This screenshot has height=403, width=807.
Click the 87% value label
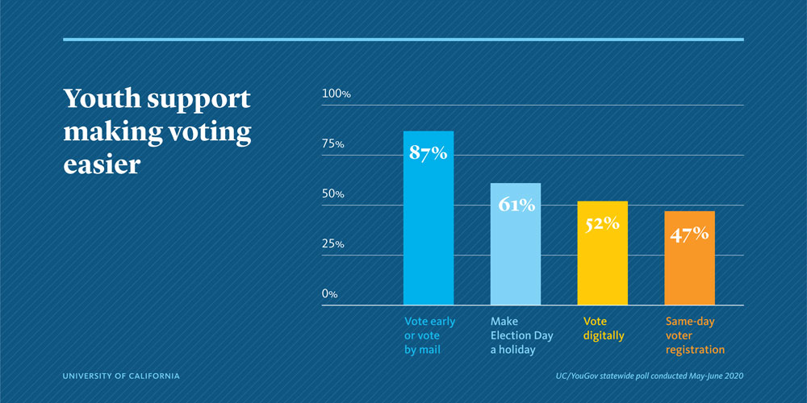(428, 153)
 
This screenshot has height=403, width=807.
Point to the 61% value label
(516, 205)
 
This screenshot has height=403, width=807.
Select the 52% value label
(602, 223)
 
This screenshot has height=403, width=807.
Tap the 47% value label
(689, 234)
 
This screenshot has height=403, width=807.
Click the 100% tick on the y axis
(337, 94)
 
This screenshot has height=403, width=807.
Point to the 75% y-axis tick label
(333, 144)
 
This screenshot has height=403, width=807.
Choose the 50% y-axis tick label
(333, 194)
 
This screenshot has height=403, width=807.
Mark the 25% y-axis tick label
(333, 244)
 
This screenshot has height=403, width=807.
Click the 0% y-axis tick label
(329, 294)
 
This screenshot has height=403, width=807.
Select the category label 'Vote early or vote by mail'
(429, 335)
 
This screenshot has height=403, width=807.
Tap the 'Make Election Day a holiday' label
(522, 335)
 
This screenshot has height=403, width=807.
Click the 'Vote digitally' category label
(604, 328)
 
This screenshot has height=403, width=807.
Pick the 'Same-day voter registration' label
(695, 335)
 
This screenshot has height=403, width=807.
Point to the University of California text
(121, 376)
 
